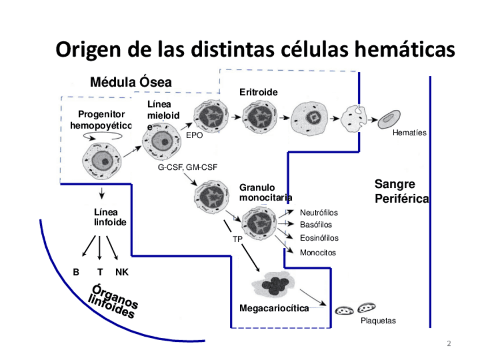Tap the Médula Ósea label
pyautogui.click(x=131, y=83)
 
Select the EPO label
pyautogui.click(x=194, y=136)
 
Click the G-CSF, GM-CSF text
pyautogui.click(x=187, y=168)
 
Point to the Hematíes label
pyautogui.click(x=409, y=133)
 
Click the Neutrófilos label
pyautogui.click(x=319, y=213)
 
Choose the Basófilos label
pyautogui.click(x=316, y=225)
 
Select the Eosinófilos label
pyautogui.click(x=319, y=238)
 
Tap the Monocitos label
pyautogui.click(x=318, y=252)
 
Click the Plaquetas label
pyautogui.click(x=378, y=321)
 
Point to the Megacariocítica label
pyautogui.click(x=274, y=308)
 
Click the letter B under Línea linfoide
pyautogui.click(x=76, y=272)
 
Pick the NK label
pyautogui.click(x=122, y=272)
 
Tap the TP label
pyautogui.click(x=238, y=239)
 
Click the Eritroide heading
pyautogui.click(x=258, y=92)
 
